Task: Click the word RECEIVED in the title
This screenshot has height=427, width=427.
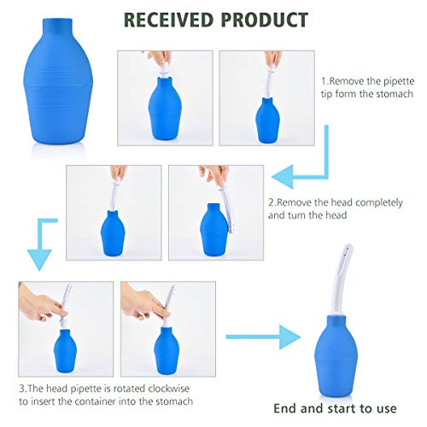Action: pyautogui.click(x=176, y=19)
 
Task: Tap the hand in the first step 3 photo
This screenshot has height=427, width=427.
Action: pyautogui.click(x=36, y=299)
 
